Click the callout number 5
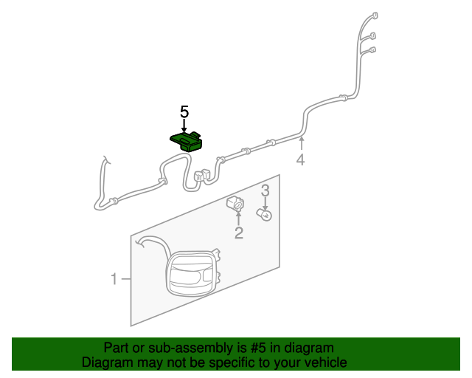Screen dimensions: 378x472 click(x=184, y=112)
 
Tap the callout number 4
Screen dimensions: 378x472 click(x=301, y=160)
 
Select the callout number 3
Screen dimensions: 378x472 click(x=265, y=190)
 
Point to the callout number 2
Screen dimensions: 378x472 click(x=239, y=234)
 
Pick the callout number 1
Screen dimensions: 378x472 click(x=114, y=279)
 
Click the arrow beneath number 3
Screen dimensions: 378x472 click(x=265, y=203)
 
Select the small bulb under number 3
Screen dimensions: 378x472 click(x=264, y=214)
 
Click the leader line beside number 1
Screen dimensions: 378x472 click(x=126, y=279)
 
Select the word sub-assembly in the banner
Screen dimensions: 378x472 click(x=171, y=348)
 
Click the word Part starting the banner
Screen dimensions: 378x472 click(x=117, y=348)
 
